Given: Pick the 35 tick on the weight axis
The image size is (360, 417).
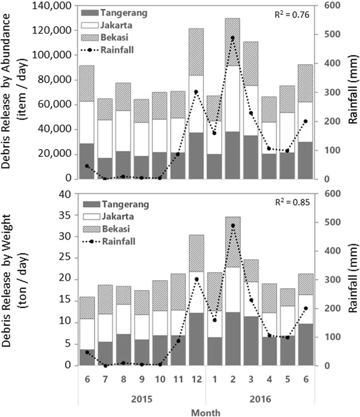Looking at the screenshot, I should [64, 215].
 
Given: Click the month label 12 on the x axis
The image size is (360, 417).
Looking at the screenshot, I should [196, 379].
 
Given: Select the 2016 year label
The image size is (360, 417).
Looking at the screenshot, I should [260, 399].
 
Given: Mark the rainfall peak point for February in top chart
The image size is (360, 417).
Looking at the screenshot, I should [232, 38].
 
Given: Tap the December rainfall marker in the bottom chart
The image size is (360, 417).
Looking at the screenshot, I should [196, 279].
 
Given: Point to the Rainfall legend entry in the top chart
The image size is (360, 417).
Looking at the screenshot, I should [117, 50].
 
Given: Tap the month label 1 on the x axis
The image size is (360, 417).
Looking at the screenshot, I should [214, 379].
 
